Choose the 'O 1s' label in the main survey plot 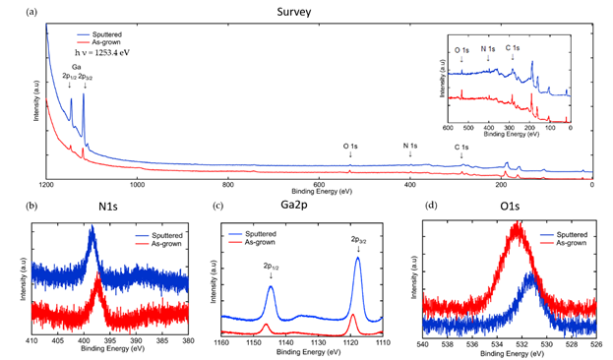(x=350, y=147)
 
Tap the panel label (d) (x=430, y=209)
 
